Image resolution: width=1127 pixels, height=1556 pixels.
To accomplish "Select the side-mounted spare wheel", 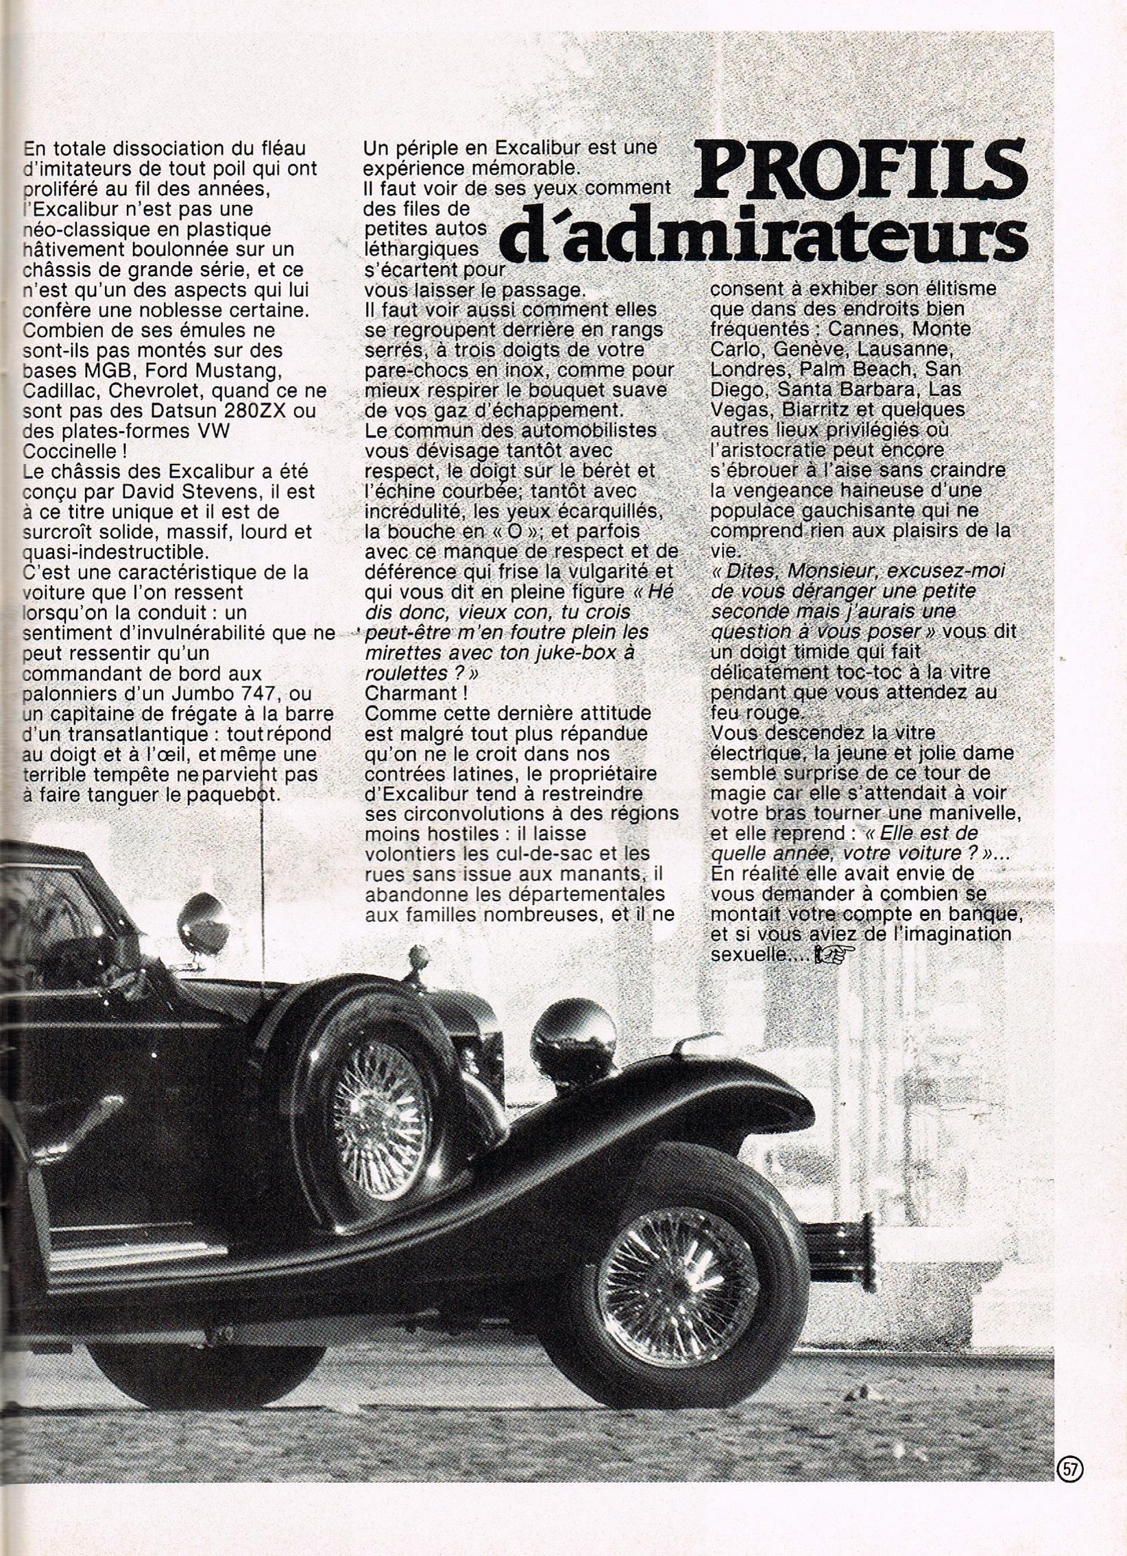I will (379, 1084).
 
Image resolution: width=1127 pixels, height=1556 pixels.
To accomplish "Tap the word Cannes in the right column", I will (870, 330).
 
